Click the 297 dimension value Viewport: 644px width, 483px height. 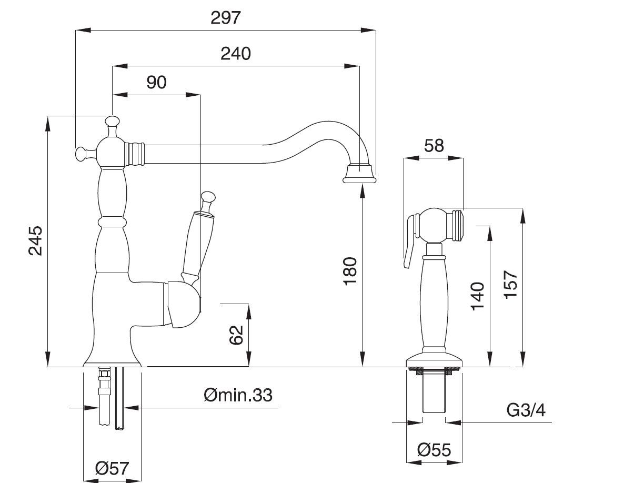[225, 17]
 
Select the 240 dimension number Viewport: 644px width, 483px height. [235, 53]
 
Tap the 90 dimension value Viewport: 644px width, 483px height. [156, 82]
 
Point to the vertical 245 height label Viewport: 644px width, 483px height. [35, 240]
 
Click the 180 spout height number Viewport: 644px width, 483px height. [350, 270]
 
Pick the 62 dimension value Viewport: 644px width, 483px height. [236, 335]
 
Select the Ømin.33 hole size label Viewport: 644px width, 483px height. [238, 394]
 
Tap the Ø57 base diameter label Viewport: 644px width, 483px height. [112, 468]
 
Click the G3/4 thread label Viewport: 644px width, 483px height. [526, 410]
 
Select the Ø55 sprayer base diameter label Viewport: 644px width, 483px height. [434, 450]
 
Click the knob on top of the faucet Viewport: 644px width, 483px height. [111, 122]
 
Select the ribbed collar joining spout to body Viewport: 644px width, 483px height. [136, 154]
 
